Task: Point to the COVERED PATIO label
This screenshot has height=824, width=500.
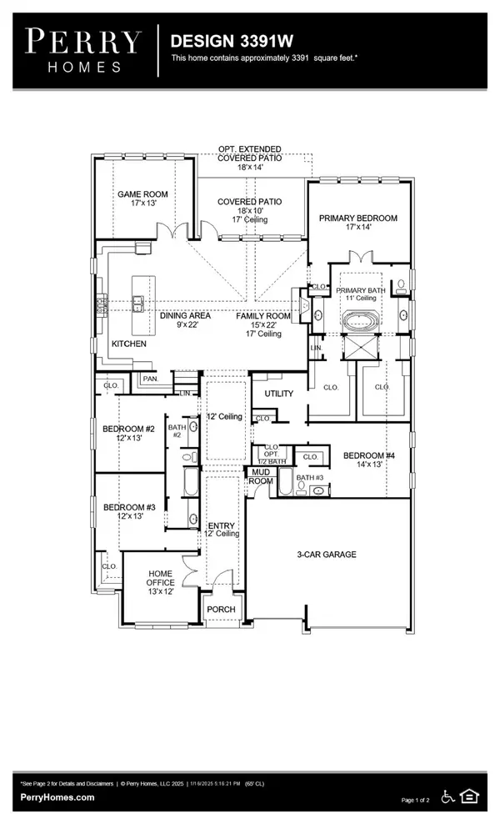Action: coord(249,202)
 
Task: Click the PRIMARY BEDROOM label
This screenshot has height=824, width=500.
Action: coord(358,219)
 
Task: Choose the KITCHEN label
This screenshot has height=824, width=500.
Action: coord(129,344)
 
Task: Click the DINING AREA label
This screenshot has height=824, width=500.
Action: coord(185,316)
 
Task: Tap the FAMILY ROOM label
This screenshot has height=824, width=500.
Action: coord(263,316)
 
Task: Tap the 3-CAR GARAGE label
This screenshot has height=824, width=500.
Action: coord(327,554)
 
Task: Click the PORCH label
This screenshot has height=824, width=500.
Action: coord(222,610)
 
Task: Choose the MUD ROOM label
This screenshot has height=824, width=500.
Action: coord(258,476)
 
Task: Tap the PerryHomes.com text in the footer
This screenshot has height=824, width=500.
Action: coord(57,797)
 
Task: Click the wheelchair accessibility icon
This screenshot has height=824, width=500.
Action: coord(447,796)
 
